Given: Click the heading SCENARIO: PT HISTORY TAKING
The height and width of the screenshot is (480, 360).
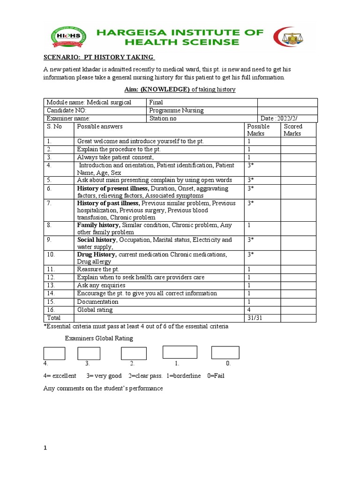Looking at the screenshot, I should [99, 57].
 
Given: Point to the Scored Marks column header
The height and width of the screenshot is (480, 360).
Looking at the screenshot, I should [293, 130].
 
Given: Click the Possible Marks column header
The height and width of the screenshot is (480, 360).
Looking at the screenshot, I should [258, 130].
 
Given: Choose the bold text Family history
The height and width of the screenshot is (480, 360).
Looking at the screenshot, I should [98, 225].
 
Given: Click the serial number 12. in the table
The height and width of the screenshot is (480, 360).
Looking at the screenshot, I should [51, 277].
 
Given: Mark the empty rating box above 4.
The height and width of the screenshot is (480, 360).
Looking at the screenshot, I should [54, 353].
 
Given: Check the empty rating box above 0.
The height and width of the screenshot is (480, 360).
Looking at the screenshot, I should [225, 352].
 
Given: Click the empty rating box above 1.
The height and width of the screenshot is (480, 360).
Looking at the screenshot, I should [180, 352].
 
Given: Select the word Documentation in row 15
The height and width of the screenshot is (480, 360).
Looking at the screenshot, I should [97, 302].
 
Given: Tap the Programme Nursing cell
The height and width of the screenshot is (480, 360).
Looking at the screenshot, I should [176, 111].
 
